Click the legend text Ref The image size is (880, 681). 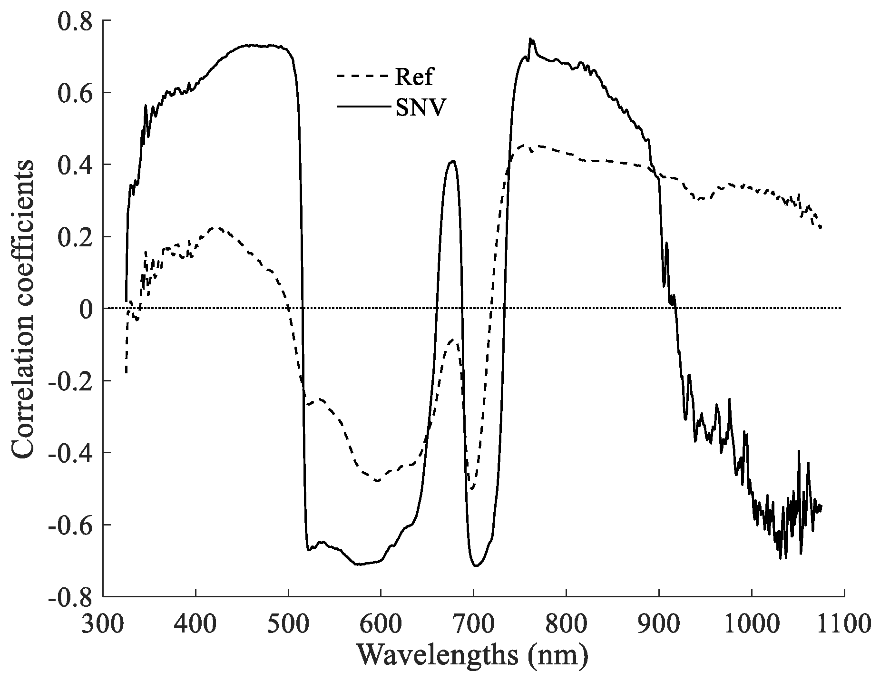(413, 77)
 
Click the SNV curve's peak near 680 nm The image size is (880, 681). (453, 161)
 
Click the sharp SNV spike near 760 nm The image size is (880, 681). (531, 39)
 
